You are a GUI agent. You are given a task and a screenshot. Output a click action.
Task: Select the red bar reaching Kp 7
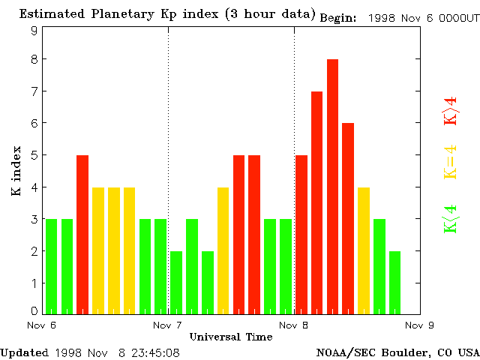[316, 202]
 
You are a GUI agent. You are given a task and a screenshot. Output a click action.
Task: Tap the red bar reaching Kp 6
[348, 218]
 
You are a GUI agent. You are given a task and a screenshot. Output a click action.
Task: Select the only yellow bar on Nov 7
[223, 250]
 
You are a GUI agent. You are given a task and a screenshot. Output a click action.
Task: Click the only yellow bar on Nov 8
[364, 250]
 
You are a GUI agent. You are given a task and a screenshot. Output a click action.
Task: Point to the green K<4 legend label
[450, 219]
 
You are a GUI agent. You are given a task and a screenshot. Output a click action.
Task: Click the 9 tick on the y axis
[34, 31]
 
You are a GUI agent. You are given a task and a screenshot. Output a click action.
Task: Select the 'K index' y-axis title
[16, 172]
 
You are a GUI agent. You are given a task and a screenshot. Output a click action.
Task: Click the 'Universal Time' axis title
[230, 337]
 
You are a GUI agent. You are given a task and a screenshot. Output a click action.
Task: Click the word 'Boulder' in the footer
[405, 352]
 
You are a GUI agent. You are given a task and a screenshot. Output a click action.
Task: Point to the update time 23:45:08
[156, 352]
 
